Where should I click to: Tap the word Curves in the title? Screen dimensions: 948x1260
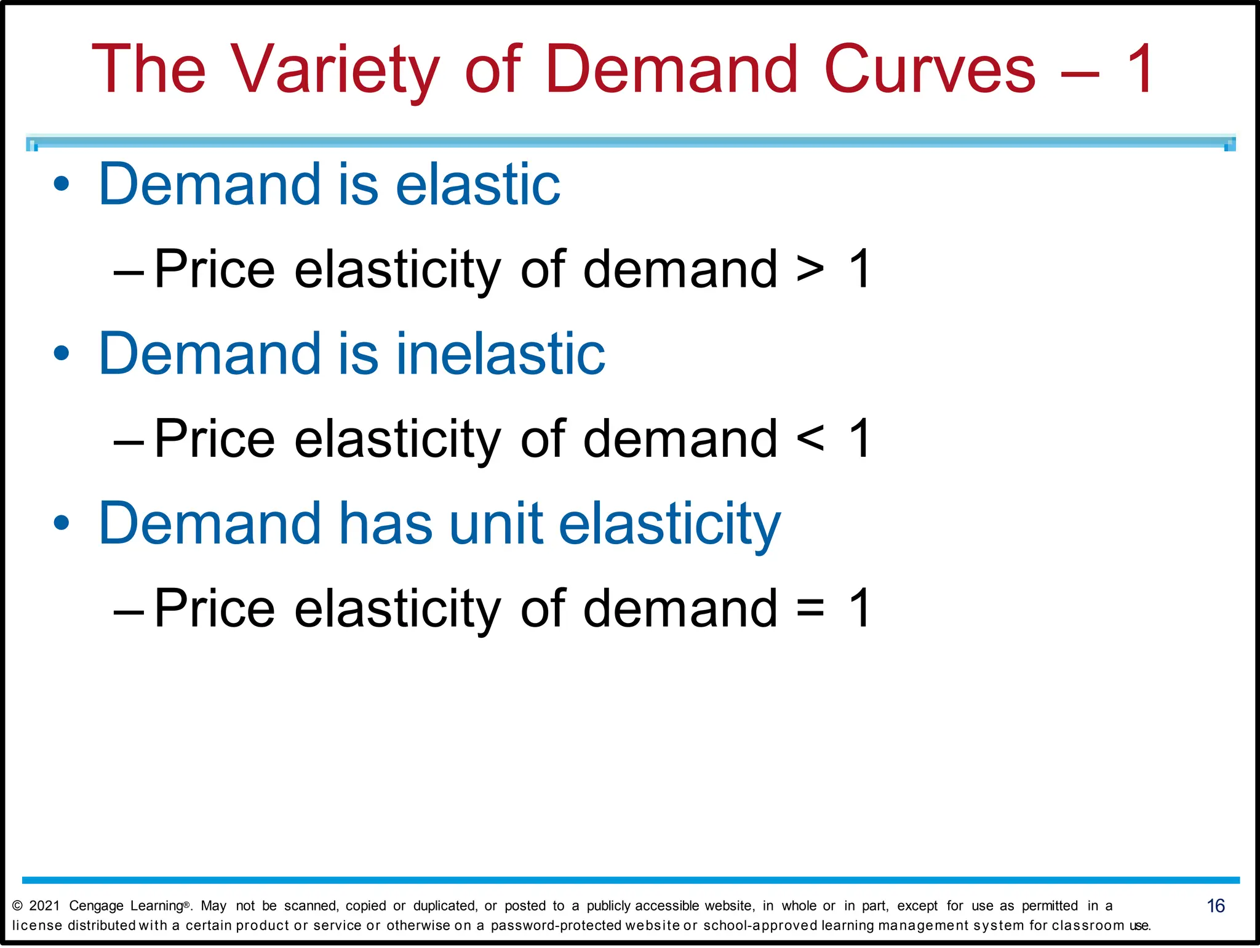[929, 69]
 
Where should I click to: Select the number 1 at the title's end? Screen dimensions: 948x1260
[1139, 69]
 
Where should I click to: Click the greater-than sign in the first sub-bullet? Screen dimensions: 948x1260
[810, 270]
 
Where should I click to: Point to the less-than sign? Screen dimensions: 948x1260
[810, 439]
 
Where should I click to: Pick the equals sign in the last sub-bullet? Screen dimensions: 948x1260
[810, 609]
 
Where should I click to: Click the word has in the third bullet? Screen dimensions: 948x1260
[386, 523]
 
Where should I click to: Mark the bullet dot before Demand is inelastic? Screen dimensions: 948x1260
[62, 353]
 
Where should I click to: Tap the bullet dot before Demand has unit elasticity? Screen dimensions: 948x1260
[62, 523]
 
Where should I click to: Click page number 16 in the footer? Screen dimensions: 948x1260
[1216, 906]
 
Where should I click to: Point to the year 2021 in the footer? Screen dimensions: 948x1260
[45, 906]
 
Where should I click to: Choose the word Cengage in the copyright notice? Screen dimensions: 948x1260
[96, 906]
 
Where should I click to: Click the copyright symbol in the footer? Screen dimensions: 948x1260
[17, 906]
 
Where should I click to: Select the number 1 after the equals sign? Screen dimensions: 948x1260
[859, 609]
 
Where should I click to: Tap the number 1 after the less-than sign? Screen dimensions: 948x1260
[859, 439]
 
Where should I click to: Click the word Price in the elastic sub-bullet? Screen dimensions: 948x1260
[214, 270]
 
